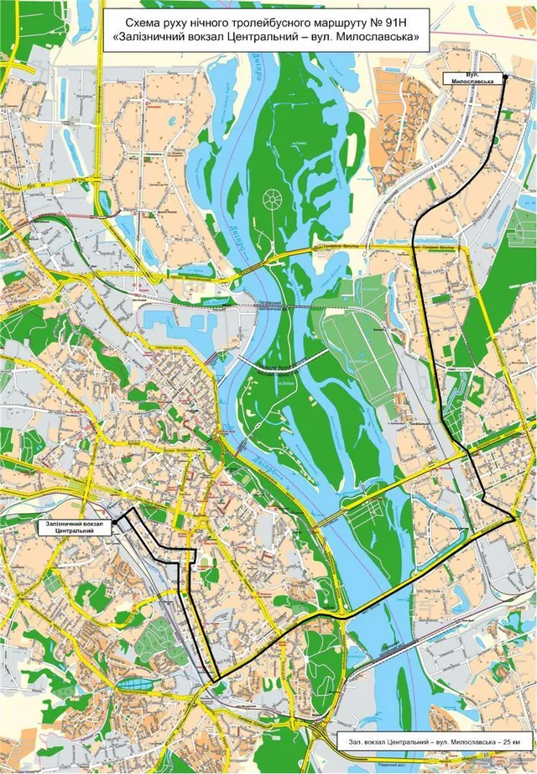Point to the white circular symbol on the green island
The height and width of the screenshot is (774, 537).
point(273,200)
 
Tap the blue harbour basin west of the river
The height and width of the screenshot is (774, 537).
point(172,319)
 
